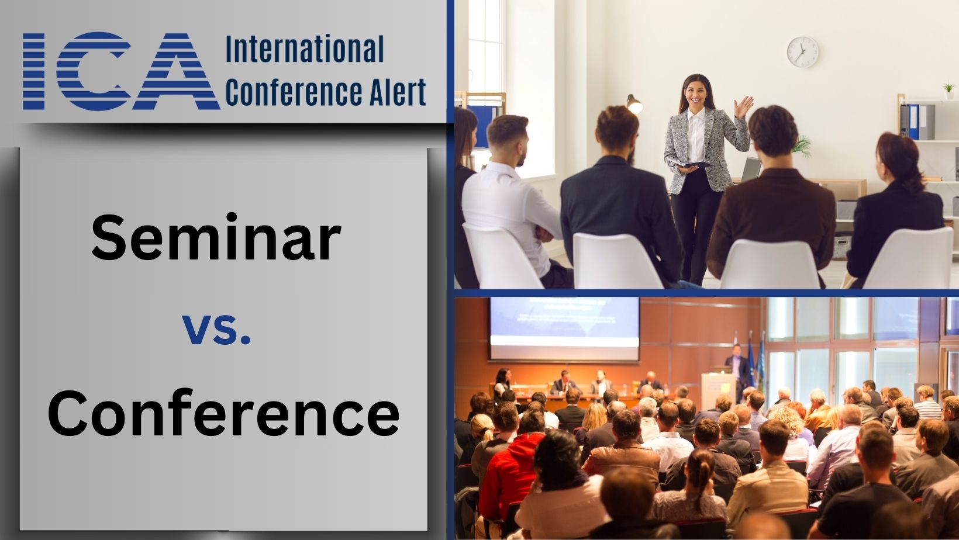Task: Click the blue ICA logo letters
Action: (x=120, y=71)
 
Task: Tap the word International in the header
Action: (x=305, y=50)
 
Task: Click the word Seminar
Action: (x=216, y=238)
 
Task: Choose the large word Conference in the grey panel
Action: (x=223, y=414)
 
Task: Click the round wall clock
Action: (x=802, y=51)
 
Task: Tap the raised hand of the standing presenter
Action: (x=744, y=107)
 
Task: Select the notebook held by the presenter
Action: (x=690, y=165)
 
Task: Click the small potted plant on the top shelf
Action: (x=948, y=90)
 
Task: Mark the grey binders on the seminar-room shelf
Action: (x=916, y=122)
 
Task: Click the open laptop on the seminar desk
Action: (x=751, y=169)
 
